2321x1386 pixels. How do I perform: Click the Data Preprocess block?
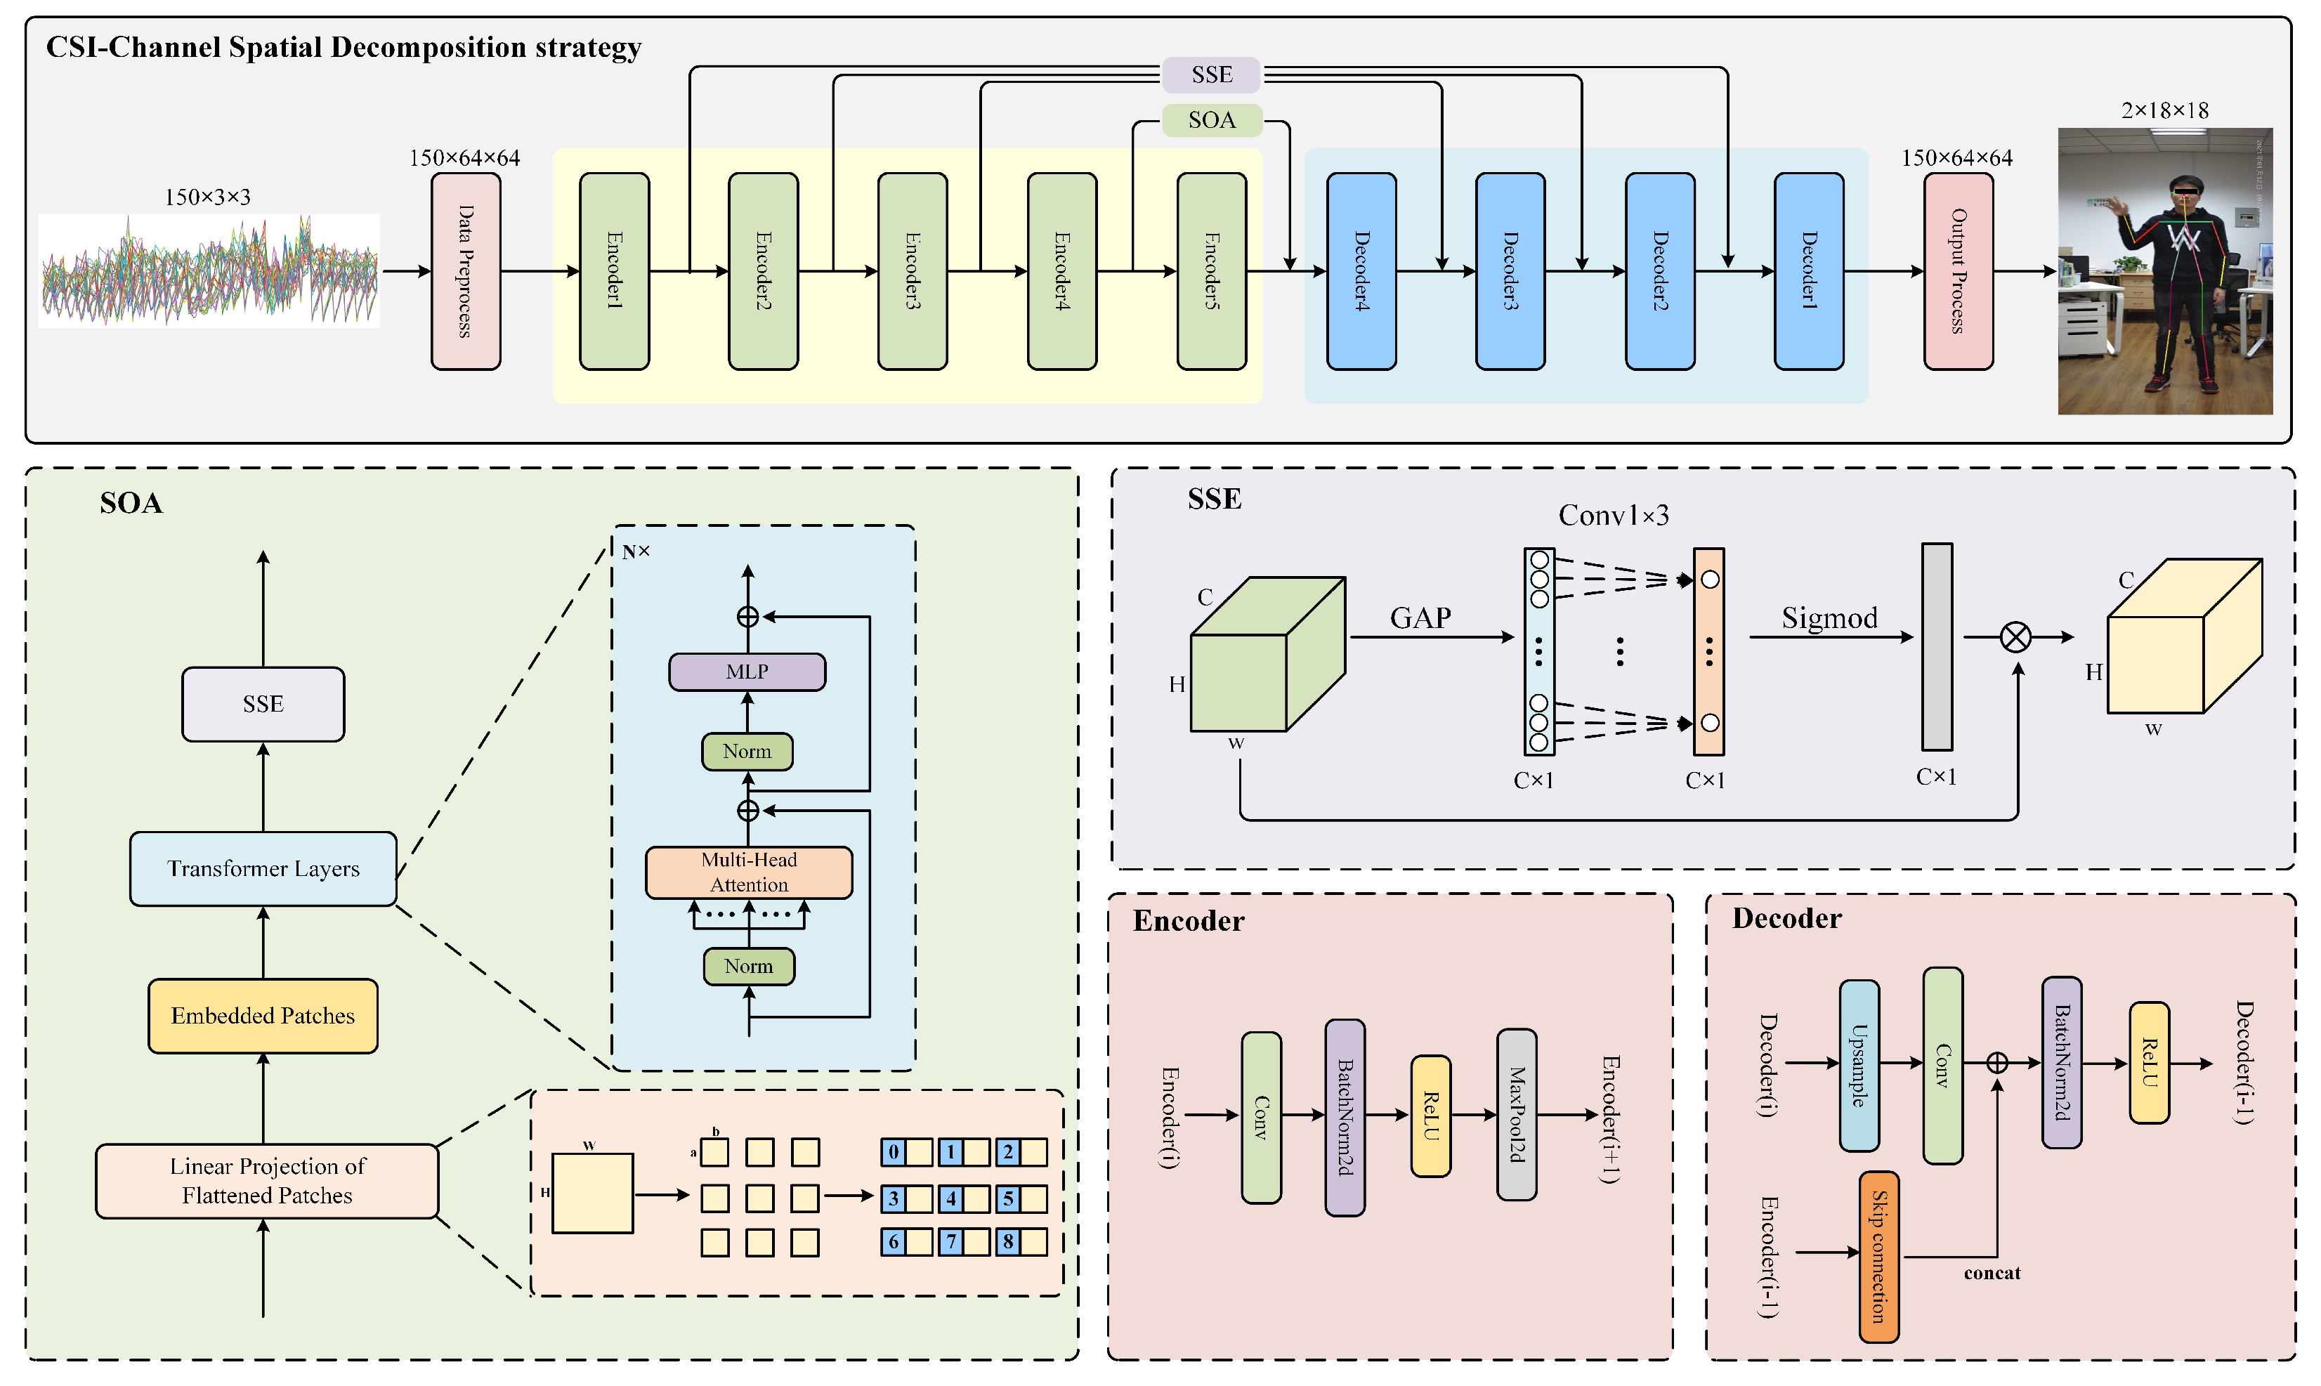465,271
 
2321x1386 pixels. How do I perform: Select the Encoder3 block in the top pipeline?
912,271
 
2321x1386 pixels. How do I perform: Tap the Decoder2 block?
1660,271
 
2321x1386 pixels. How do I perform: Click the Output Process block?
1958,271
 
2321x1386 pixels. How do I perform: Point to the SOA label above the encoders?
1211,121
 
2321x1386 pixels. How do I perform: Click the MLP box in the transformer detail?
747,672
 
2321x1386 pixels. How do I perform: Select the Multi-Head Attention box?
748,872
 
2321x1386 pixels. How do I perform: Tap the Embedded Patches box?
263,1016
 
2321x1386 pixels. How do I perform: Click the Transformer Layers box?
263,868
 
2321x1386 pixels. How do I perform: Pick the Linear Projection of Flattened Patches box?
267,1181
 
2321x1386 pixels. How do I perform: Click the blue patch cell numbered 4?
951,1198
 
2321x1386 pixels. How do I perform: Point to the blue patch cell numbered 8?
1008,1242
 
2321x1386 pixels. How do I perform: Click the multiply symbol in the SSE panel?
2015,637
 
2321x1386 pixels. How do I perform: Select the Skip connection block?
1878,1256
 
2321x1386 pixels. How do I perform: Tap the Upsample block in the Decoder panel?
1859,1065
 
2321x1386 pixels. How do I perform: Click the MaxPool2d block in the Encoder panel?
1516,1114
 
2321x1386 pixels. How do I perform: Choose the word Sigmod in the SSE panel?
1829,618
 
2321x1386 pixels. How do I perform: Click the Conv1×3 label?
1613,516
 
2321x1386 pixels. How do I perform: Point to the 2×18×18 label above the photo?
2164,111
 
